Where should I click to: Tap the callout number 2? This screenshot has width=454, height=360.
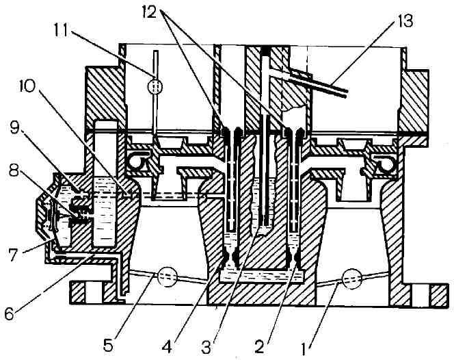pos(259,347)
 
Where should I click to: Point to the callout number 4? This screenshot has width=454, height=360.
pos(167,347)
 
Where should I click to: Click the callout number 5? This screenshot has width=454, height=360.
pos(108,346)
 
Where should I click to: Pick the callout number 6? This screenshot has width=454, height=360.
pos(9,313)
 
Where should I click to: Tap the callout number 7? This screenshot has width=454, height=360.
pos(12,255)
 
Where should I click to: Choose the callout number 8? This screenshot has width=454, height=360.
pos(14,172)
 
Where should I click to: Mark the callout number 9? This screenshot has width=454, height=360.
pos(15,129)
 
